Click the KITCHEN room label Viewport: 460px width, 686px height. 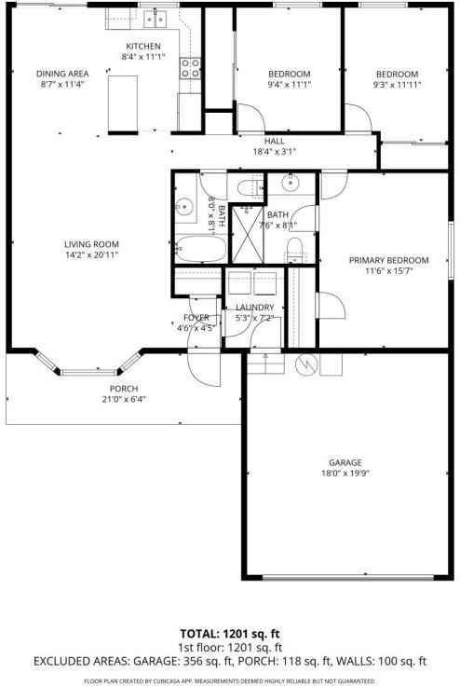pyautogui.click(x=143, y=46)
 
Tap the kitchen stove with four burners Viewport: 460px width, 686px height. pyautogui.click(x=191, y=67)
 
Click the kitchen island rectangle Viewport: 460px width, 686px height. pyautogui.click(x=122, y=98)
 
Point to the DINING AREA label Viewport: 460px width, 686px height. pyautogui.click(x=62, y=74)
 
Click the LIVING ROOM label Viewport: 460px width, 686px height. pyautogui.click(x=91, y=244)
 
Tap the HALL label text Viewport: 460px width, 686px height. pyautogui.click(x=274, y=140)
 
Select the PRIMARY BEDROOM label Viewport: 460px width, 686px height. pyautogui.click(x=388, y=260)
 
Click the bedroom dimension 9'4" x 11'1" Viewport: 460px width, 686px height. pyautogui.click(x=289, y=85)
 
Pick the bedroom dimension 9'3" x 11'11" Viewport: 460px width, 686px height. pyautogui.click(x=397, y=85)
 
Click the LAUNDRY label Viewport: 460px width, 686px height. pyautogui.click(x=254, y=308)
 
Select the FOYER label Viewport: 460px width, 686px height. pyautogui.click(x=196, y=317)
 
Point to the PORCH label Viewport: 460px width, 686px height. pyautogui.click(x=123, y=389)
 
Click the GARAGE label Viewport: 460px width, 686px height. pyautogui.click(x=345, y=462)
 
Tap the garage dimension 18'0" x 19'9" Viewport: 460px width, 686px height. pyautogui.click(x=345, y=473)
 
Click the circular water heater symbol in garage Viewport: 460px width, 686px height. pyautogui.click(x=304, y=363)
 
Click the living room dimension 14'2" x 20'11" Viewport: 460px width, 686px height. pyautogui.click(x=91, y=254)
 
